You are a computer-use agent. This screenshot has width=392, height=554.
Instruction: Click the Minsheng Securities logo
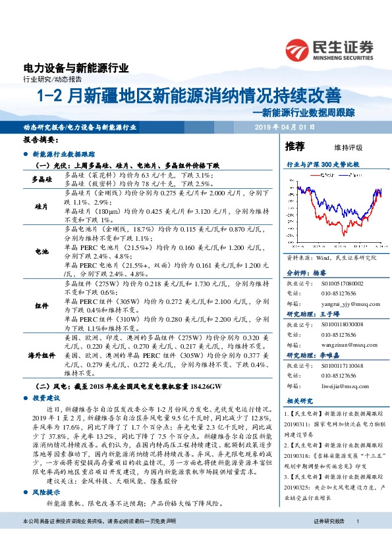pos(329,49)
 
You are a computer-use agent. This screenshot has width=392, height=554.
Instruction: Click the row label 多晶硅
pos(43,180)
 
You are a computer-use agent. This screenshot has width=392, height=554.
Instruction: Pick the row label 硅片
pos(43,206)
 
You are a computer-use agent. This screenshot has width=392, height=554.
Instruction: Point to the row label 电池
pos(43,251)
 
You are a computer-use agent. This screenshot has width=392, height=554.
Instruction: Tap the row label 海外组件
pos(43,355)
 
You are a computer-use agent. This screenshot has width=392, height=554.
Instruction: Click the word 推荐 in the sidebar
pos(294,146)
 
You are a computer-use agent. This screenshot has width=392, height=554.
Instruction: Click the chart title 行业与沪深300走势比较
pos(322,163)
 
